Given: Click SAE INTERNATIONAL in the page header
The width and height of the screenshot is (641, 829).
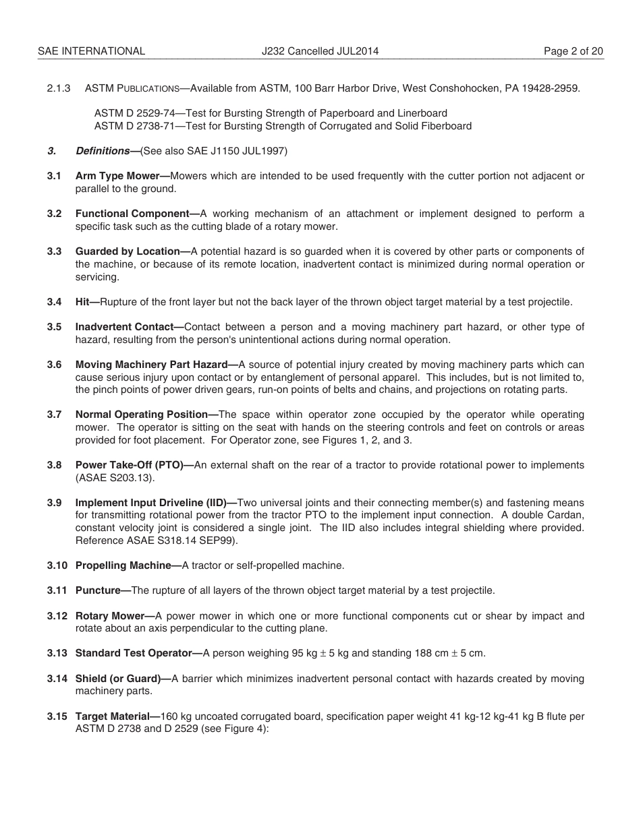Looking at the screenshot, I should [91, 51].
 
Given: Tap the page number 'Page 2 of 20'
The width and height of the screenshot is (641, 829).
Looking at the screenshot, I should [574, 51].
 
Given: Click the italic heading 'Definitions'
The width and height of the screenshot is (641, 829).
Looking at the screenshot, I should [103, 151].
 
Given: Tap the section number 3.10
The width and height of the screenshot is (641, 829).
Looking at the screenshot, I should [57, 565].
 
